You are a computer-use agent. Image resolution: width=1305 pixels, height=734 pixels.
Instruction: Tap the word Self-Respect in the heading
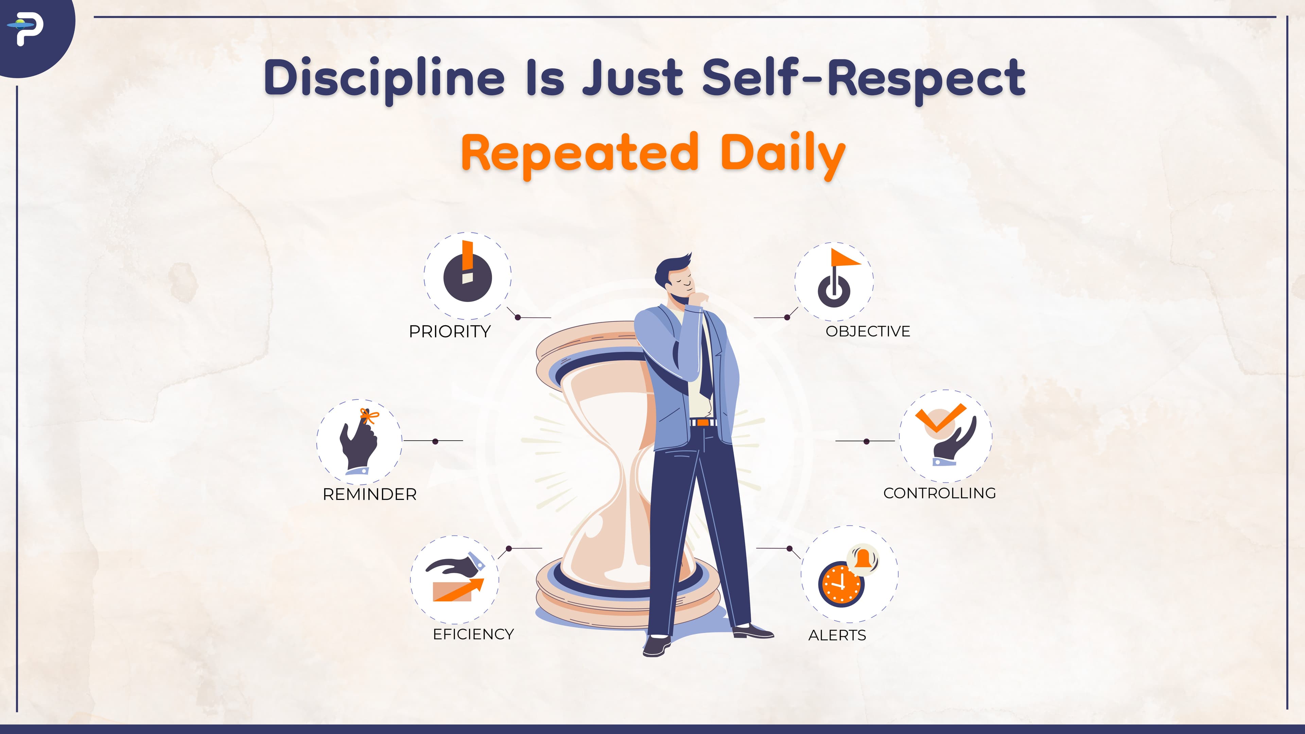[x=864, y=78]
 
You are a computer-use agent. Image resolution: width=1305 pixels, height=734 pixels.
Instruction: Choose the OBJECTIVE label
[x=868, y=331]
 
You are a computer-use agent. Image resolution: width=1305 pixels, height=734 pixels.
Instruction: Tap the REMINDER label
[x=370, y=494]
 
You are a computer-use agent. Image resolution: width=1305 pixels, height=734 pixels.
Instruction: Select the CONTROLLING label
[x=940, y=493]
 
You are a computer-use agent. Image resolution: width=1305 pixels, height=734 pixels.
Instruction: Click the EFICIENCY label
[x=473, y=634]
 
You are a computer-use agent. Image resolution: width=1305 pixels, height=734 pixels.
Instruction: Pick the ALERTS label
[x=837, y=635]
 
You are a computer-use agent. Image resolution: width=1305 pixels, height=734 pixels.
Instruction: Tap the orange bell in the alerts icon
[x=863, y=559]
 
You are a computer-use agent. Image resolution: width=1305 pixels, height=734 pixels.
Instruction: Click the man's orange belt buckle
[x=702, y=422]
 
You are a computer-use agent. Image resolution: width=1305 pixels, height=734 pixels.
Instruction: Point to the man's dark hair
[x=671, y=268]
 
